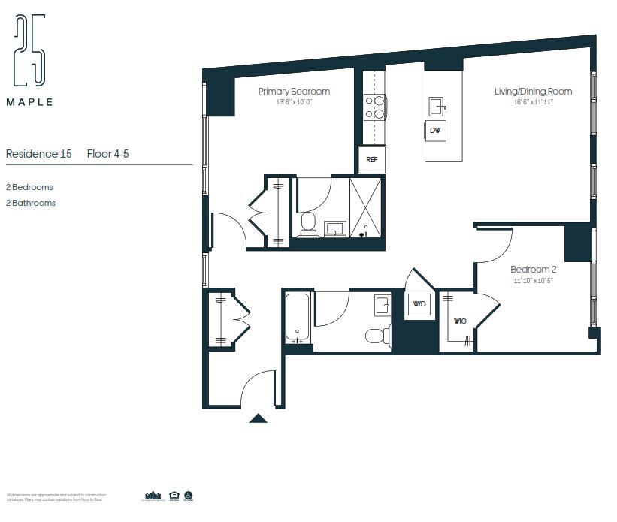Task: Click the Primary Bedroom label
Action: pyautogui.click(x=294, y=92)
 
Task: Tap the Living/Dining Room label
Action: pyautogui.click(x=533, y=92)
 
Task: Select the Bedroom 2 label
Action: pyautogui.click(x=533, y=270)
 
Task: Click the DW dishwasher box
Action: pyautogui.click(x=435, y=130)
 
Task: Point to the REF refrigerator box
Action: pyautogui.click(x=371, y=159)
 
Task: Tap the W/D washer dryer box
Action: pyautogui.click(x=419, y=304)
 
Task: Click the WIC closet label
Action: pyautogui.click(x=460, y=321)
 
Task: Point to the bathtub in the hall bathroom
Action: pyautogui.click(x=298, y=318)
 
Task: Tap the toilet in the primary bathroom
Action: pyautogui.click(x=307, y=224)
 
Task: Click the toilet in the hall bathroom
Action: pyautogui.click(x=377, y=335)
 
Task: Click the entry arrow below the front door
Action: pyautogui.click(x=258, y=418)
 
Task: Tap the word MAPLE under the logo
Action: pyautogui.click(x=29, y=102)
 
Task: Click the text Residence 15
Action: pyautogui.click(x=38, y=154)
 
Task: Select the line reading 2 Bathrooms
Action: pyautogui.click(x=31, y=203)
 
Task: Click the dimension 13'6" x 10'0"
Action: pyautogui.click(x=294, y=102)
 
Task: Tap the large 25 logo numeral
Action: pyautogui.click(x=29, y=50)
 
